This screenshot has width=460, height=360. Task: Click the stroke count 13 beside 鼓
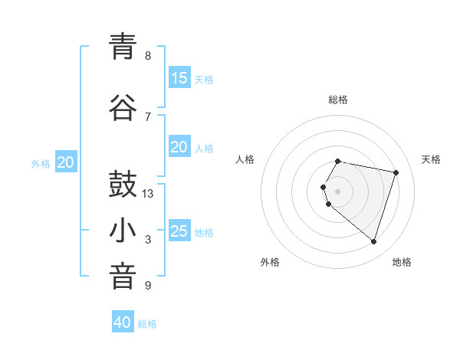click(148, 194)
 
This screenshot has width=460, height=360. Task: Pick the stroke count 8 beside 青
click(148, 55)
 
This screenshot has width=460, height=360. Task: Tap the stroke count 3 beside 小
click(148, 240)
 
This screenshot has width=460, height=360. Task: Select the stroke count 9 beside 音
click(148, 286)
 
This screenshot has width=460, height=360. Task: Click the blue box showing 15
click(179, 78)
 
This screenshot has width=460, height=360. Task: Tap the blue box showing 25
click(179, 231)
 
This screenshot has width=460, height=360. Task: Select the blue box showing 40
click(123, 322)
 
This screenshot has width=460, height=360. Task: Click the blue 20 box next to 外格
click(66, 162)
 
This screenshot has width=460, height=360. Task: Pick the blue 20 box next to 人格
click(179, 147)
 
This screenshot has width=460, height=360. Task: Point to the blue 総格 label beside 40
click(147, 324)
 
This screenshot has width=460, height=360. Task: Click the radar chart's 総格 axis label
click(338, 100)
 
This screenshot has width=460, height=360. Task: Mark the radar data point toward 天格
click(396, 172)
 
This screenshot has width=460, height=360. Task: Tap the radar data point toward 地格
click(373, 241)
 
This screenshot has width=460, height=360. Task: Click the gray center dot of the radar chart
click(338, 191)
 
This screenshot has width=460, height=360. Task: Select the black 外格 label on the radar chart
click(270, 262)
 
